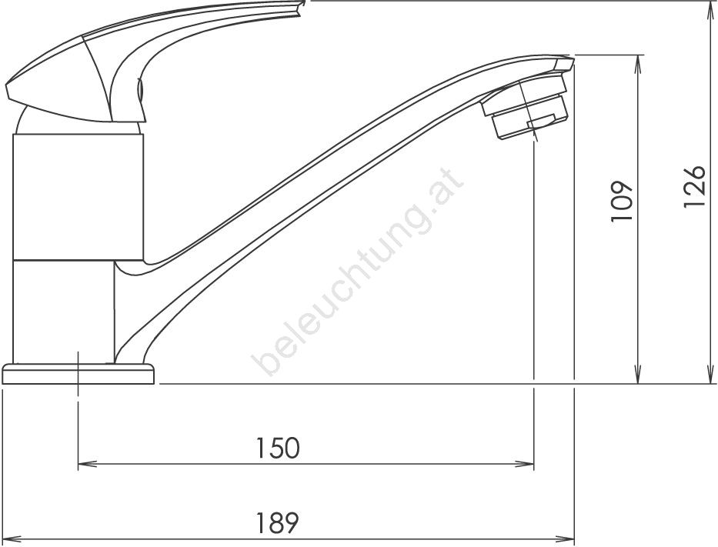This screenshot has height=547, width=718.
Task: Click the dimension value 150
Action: [x=278, y=448]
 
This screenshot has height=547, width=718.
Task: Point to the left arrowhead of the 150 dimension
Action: [x=87, y=465]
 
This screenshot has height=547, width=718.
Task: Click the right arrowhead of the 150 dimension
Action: [x=525, y=465]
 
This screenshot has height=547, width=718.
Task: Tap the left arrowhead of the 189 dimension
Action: [x=11, y=539]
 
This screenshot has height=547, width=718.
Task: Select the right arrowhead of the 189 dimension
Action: [x=565, y=539]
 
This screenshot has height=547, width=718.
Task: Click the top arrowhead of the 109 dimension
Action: [x=638, y=64]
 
